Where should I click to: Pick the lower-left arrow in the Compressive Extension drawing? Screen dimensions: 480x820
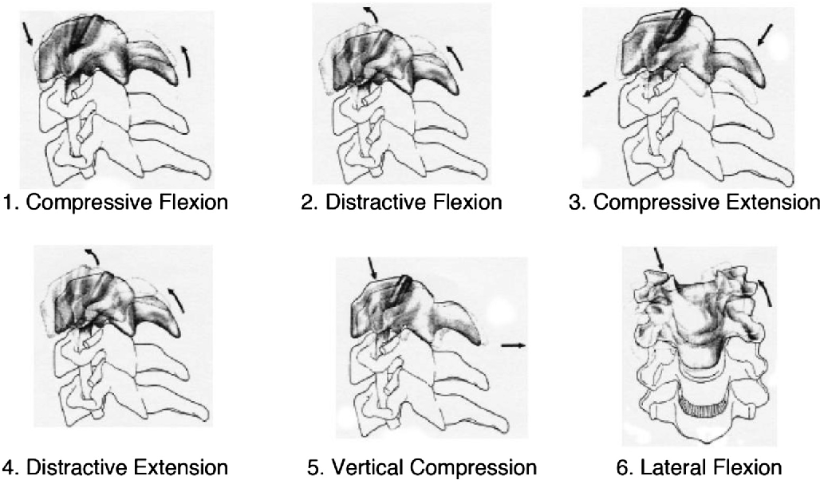coord(594,90)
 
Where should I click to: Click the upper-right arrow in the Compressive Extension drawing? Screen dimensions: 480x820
coord(763,33)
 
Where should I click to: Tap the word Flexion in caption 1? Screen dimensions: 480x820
coord(191,203)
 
